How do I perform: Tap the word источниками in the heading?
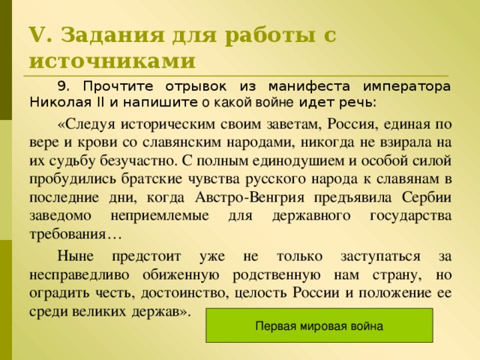coord(112,60)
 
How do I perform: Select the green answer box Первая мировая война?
coord(319,326)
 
